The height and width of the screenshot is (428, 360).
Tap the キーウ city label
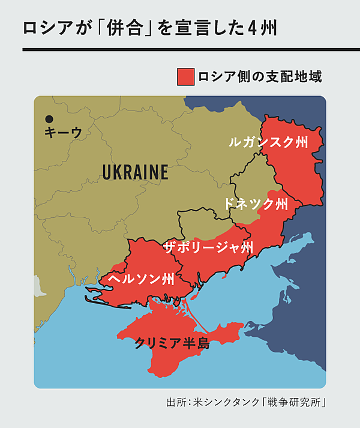(x=62, y=133)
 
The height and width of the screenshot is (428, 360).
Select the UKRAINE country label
(x=135, y=173)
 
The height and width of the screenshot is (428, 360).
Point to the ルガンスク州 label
(x=267, y=142)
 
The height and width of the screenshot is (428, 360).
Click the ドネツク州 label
(x=256, y=203)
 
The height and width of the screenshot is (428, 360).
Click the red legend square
(x=185, y=77)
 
